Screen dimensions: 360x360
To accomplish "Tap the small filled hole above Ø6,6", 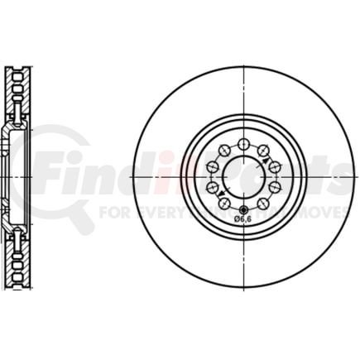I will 244,207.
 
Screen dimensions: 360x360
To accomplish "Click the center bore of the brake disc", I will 244,175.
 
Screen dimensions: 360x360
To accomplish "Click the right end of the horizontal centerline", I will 354,175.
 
